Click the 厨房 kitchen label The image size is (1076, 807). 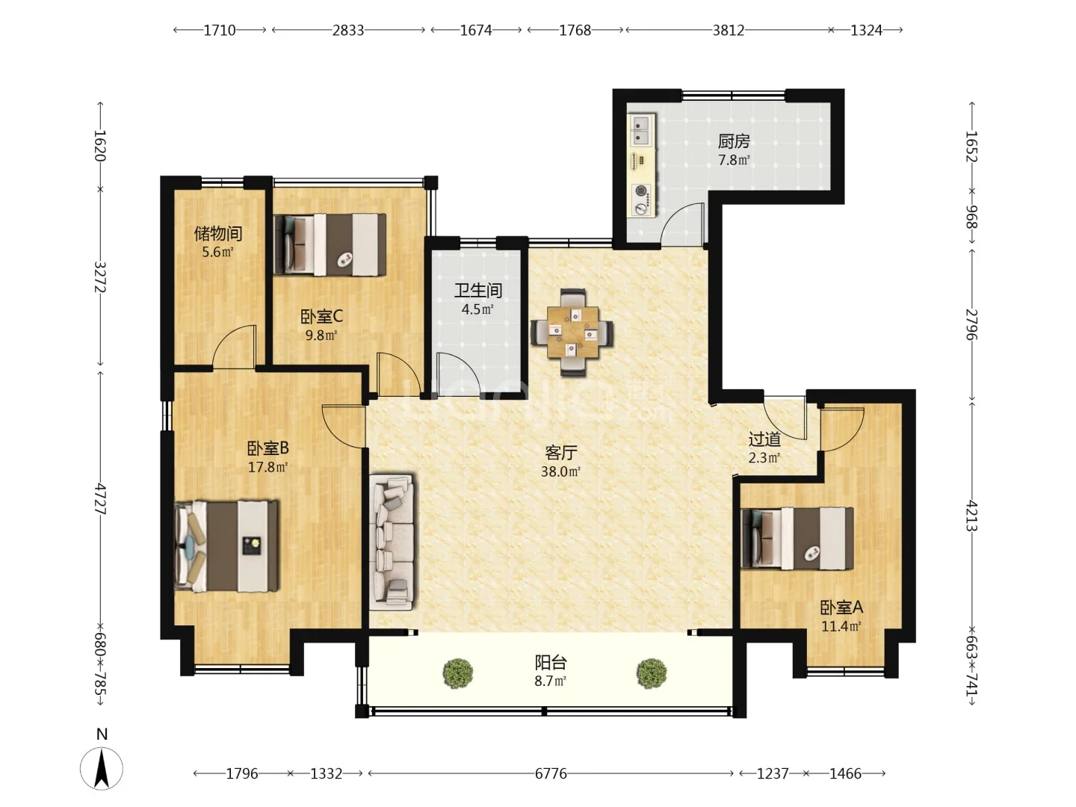click(733, 142)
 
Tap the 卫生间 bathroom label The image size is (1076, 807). click(477, 291)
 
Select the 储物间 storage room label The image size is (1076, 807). click(218, 233)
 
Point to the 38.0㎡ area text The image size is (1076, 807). click(561, 471)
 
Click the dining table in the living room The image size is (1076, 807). click(572, 333)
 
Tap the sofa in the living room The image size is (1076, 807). click(392, 542)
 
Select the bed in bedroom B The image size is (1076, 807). click(227, 545)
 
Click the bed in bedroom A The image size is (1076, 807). click(797, 539)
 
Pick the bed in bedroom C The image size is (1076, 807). click(330, 244)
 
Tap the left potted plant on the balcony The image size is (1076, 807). click(458, 672)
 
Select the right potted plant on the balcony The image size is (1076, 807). click(652, 672)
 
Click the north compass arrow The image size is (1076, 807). click(102, 768)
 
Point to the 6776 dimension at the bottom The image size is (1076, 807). click(551, 773)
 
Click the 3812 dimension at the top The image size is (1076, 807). click(728, 31)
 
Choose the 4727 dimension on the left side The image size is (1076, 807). click(100, 499)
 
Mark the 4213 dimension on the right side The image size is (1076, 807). click(971, 516)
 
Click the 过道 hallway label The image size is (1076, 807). click(764, 439)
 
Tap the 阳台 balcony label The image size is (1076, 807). click(551, 663)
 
